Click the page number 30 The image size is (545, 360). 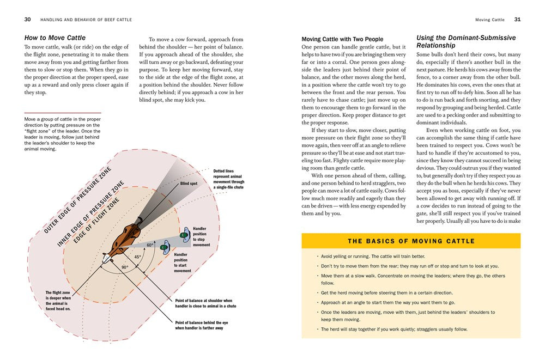27,20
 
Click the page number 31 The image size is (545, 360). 517,20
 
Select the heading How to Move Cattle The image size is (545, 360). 55,38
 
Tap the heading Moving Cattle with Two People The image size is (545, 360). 342,39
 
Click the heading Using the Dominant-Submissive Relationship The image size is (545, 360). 465,42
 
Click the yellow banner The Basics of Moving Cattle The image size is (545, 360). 411,241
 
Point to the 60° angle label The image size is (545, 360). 149,245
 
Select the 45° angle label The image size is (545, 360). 138,257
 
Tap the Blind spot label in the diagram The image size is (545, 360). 189,184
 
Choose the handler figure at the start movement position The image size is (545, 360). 165,248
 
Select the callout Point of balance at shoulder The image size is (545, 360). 203,303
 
